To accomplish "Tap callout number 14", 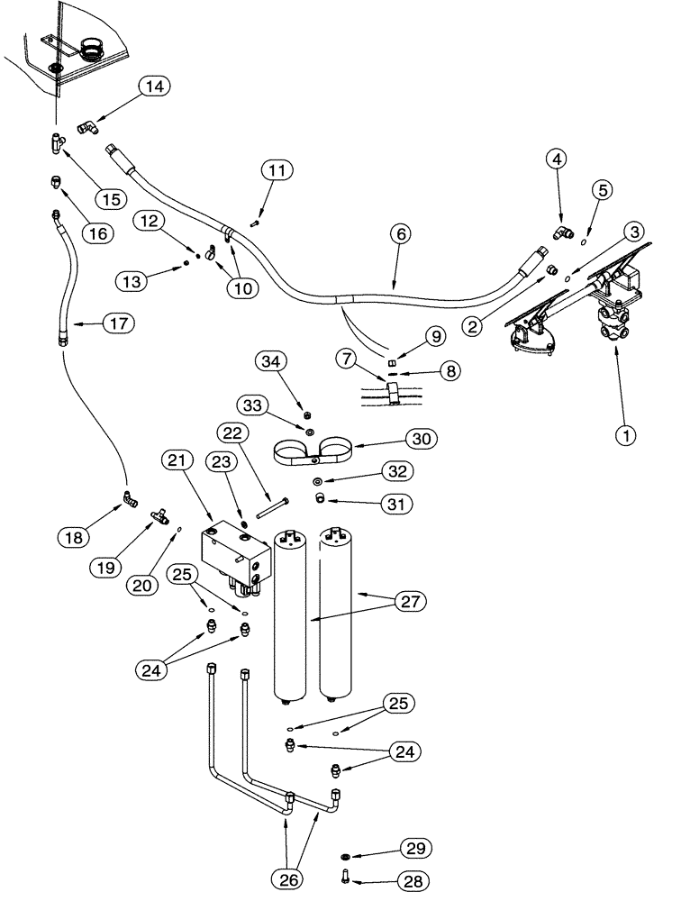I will (x=154, y=86).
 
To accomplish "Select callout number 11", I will (x=277, y=168).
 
